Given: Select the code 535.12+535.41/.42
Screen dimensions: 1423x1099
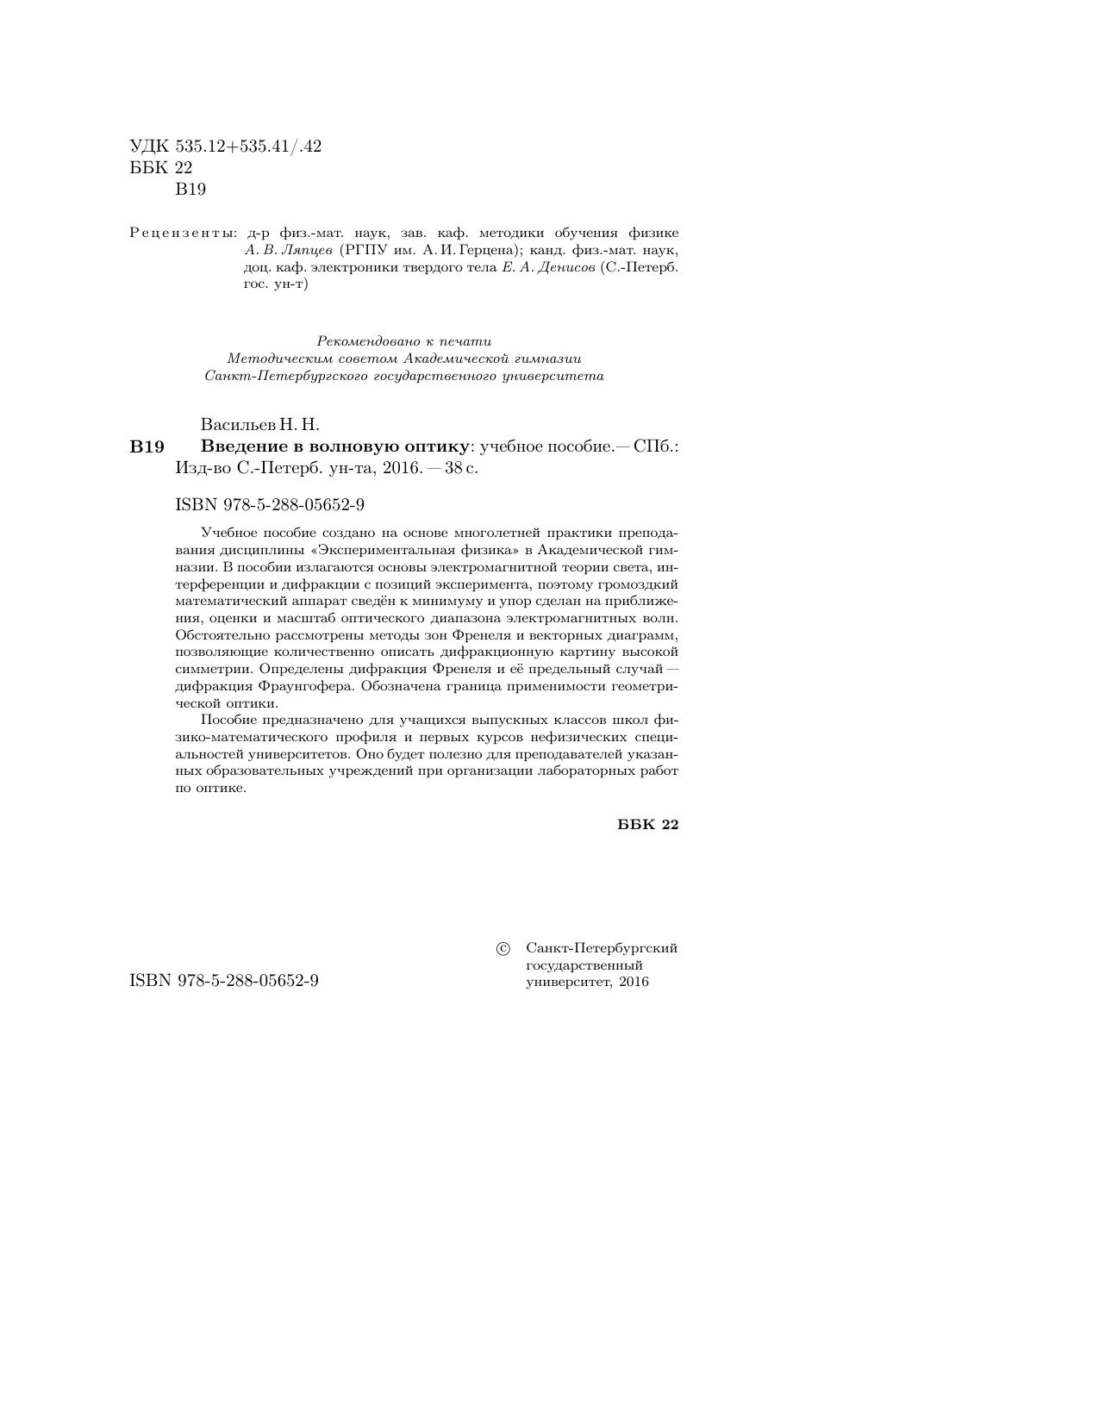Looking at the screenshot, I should pos(248,147).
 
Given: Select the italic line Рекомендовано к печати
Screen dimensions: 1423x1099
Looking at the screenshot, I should pos(404,341).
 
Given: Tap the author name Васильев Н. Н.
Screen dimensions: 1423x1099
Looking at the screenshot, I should pos(259,424).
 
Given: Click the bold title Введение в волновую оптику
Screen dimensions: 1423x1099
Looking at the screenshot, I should pos(336,446).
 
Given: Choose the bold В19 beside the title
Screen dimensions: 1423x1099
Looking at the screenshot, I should pos(147,446).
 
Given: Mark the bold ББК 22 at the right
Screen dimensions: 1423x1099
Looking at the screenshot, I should pos(648,825).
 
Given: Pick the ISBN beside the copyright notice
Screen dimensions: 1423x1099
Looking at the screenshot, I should pos(224,981).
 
